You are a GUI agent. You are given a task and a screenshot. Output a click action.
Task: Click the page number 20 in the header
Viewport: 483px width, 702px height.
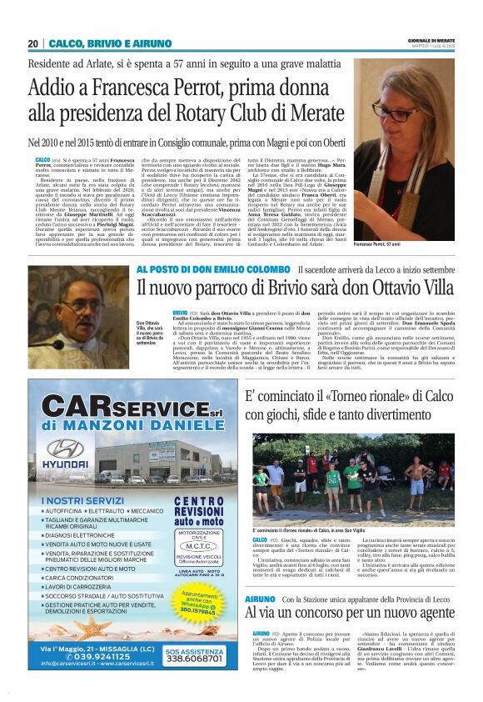click(x=33, y=43)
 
